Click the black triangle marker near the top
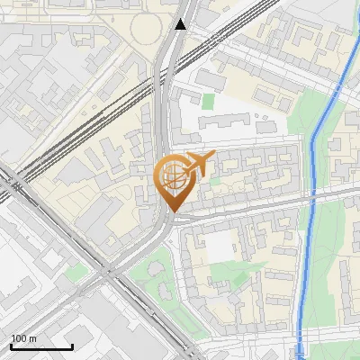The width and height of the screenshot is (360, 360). (181, 24)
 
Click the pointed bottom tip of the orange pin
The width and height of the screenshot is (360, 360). (171, 211)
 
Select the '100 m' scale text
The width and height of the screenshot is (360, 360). (24, 338)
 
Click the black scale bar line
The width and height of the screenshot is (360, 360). (41, 346)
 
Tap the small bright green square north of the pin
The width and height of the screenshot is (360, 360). (209, 102)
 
